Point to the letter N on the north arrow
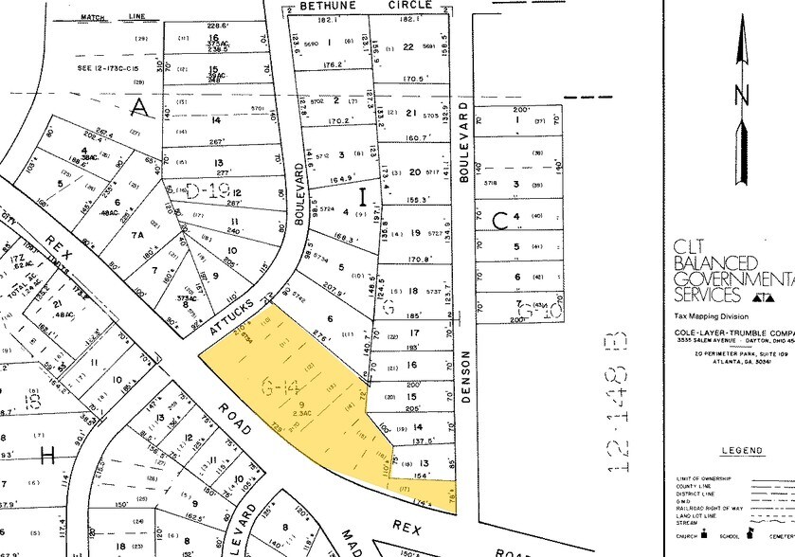point(741,95)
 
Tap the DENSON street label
point(466,377)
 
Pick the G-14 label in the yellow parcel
point(281,385)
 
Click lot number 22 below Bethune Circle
point(408,45)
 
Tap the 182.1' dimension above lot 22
point(409,19)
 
